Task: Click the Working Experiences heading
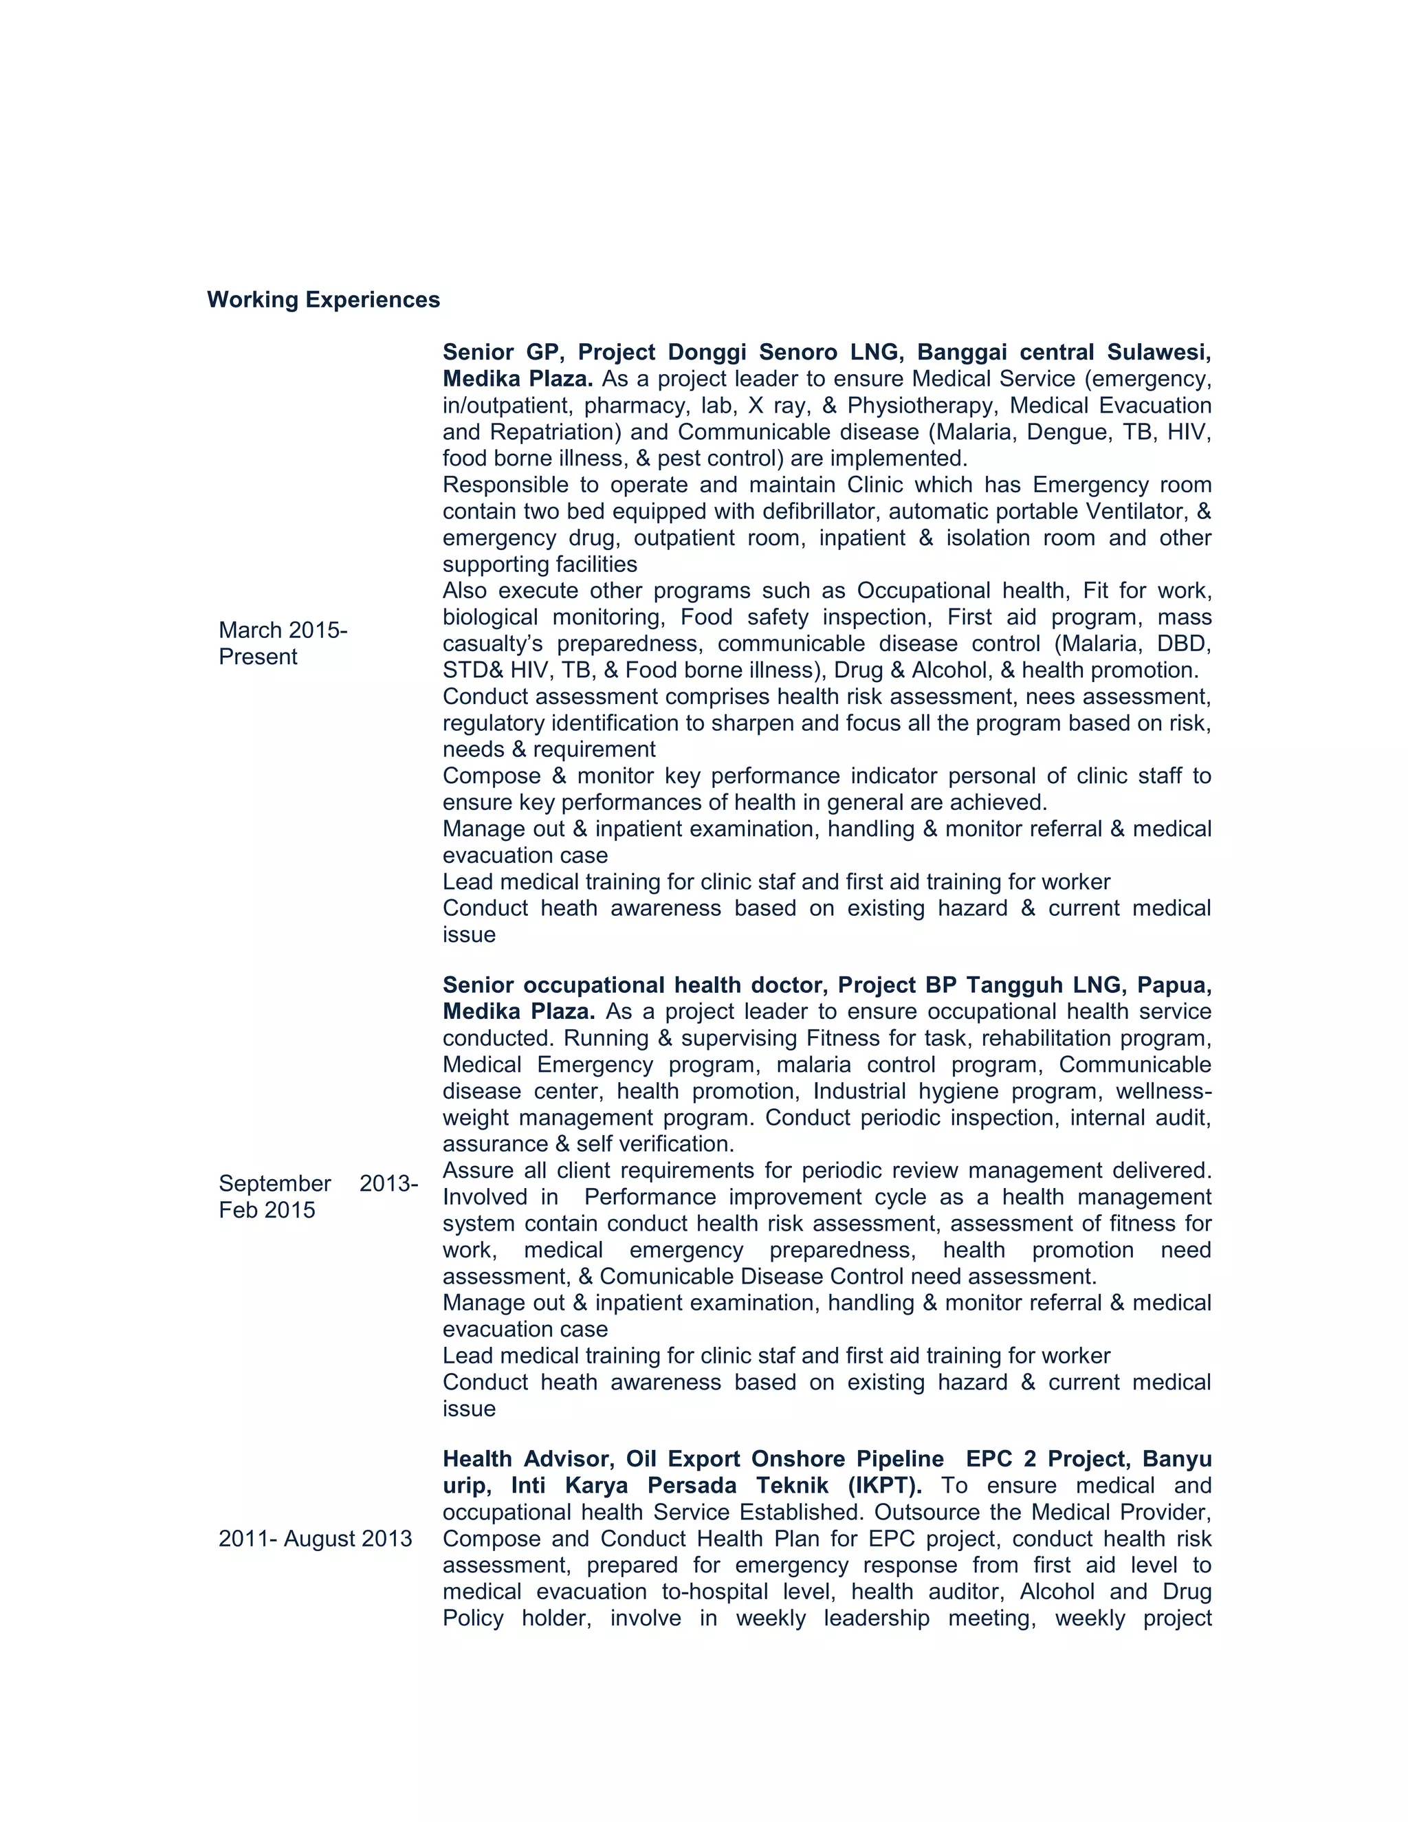point(323,300)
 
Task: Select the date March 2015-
point(283,630)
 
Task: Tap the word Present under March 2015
point(258,657)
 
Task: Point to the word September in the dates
point(274,1183)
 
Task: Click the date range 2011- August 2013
point(316,1538)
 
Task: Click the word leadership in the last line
point(876,1618)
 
